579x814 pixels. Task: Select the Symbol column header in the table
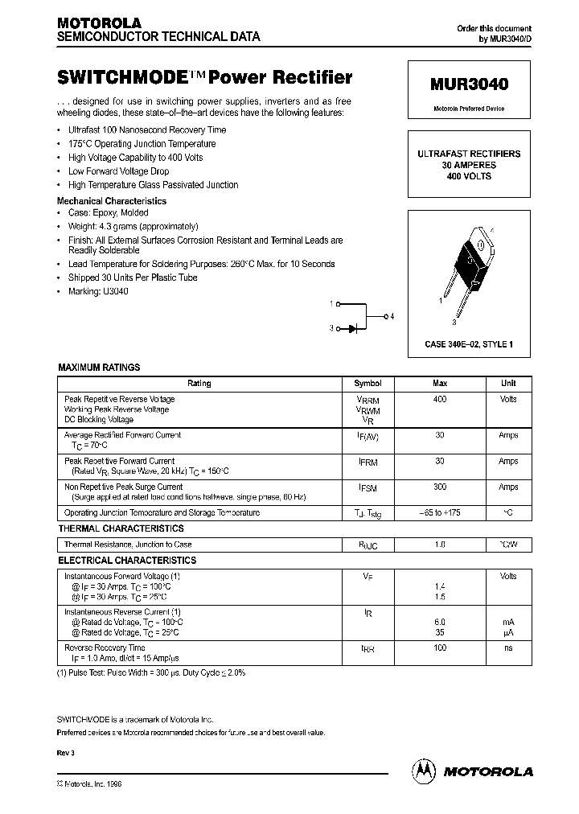point(368,384)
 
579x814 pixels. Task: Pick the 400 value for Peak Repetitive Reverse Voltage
point(440,399)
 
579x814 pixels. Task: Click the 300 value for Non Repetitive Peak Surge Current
point(440,487)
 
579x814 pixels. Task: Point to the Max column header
point(440,384)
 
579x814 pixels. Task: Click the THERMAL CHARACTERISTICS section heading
point(121,528)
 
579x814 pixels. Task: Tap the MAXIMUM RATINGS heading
point(99,367)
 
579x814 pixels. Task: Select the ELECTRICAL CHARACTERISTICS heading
point(127,560)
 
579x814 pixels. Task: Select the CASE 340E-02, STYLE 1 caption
point(469,344)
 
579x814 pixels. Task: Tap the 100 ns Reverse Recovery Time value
point(440,647)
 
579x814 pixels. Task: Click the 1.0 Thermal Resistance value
point(440,545)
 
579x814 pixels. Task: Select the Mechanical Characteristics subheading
point(112,201)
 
